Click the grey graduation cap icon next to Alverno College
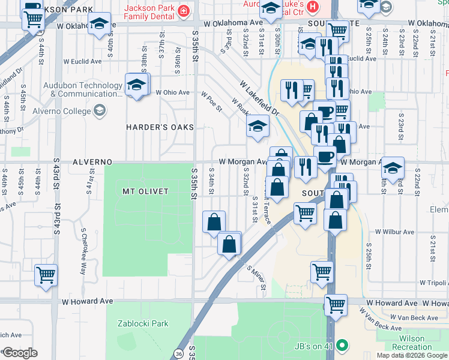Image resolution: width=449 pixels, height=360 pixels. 99,110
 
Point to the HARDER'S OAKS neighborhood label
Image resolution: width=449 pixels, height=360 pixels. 160,127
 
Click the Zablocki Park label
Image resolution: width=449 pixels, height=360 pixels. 143,323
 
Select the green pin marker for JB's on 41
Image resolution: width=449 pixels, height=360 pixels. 342,345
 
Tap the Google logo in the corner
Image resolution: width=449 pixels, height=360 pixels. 19,353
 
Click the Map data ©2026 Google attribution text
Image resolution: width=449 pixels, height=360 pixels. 412,355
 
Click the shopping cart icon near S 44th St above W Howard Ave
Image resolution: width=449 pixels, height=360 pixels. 46,276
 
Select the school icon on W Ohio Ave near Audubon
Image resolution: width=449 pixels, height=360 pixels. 137,85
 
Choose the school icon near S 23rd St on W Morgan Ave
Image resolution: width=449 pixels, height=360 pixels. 393,168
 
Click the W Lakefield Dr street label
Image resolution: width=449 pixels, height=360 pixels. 259,98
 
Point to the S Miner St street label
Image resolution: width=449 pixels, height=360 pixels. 257,277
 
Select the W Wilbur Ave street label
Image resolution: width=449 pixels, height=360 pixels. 394,232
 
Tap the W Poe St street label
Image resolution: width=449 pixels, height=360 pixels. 211,101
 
